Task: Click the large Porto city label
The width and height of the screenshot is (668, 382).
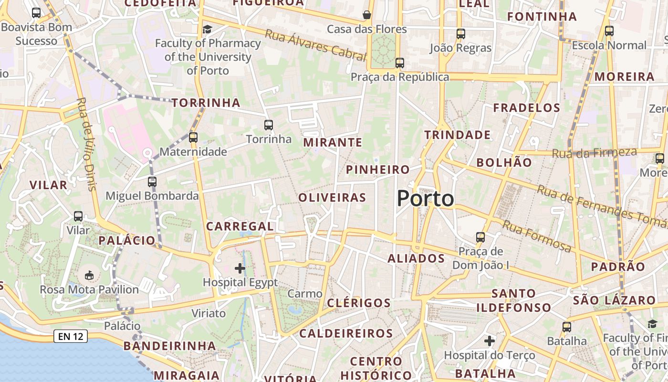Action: [425, 199]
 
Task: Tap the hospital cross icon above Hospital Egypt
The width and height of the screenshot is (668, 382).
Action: [240, 268]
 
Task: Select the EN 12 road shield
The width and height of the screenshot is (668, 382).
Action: [71, 337]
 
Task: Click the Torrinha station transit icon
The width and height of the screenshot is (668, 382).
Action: [269, 125]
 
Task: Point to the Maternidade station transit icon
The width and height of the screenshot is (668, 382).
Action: [193, 138]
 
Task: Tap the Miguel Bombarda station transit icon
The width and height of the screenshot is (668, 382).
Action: [152, 182]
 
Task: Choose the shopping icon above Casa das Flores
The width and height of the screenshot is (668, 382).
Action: [367, 15]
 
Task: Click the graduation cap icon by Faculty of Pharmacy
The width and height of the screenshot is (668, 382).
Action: [207, 30]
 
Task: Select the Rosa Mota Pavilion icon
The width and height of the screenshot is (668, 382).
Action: [89, 275]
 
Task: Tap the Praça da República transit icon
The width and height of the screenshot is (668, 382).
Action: [400, 63]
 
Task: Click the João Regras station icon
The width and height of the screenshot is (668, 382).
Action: [460, 34]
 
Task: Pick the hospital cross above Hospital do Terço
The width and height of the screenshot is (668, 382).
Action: [490, 341]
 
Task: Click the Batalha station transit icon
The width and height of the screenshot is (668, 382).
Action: [567, 327]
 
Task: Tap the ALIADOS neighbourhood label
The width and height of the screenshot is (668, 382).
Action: [416, 259]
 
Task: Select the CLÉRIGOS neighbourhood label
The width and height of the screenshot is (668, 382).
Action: [359, 303]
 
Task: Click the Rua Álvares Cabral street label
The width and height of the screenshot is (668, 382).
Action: [315, 46]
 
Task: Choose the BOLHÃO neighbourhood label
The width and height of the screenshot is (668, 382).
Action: [504, 162]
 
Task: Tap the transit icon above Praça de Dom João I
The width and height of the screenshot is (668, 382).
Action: [480, 237]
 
